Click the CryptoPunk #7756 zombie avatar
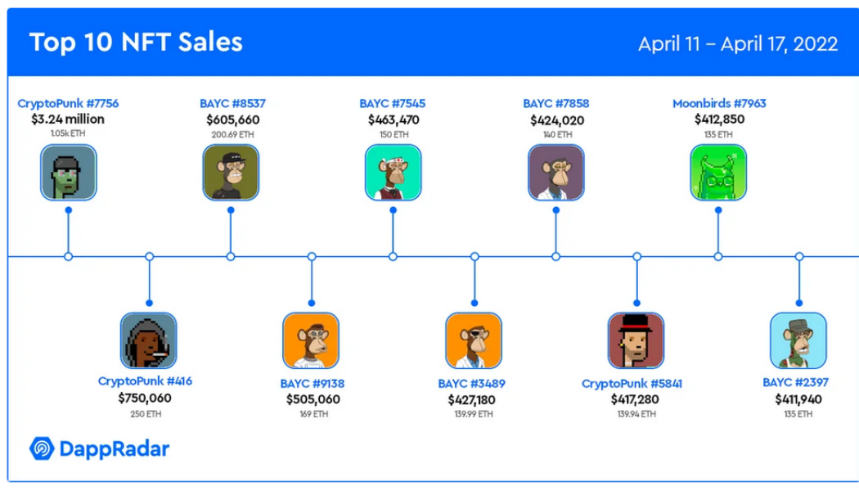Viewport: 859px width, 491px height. (69, 173)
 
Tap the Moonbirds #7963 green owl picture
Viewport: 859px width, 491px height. (718, 173)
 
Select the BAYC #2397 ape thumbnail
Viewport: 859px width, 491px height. (798, 341)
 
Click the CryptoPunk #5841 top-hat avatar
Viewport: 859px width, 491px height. (636, 341)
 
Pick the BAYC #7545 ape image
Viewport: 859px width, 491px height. (394, 173)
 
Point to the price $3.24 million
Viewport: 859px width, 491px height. (68, 119)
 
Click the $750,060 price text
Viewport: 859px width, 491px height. (145, 398)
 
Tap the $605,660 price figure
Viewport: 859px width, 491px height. (233, 119)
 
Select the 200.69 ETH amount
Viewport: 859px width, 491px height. (233, 134)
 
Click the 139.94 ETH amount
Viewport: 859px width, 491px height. (636, 414)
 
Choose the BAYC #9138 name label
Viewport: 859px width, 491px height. (313, 384)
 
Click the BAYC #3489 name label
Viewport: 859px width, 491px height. (472, 384)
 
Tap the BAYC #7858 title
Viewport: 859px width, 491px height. (556, 104)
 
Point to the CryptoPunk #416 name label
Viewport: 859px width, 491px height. (145, 381)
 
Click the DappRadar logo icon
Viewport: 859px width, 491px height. (42, 448)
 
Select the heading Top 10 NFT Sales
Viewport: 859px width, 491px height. (136, 43)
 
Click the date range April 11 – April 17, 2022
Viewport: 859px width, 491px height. (738, 44)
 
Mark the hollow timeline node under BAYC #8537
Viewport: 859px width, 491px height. (231, 256)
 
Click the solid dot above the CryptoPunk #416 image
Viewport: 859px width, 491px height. (149, 303)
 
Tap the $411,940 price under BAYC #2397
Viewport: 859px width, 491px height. (798, 399)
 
